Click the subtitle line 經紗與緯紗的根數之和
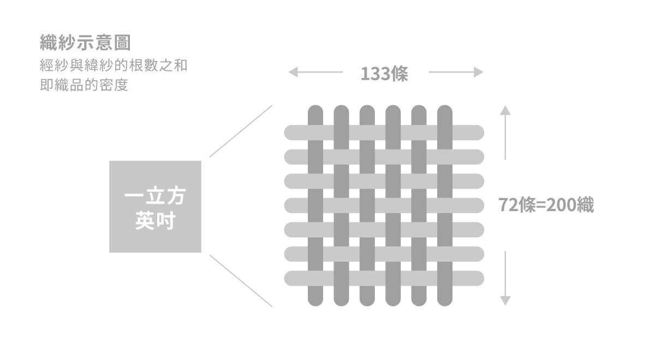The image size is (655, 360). click(x=114, y=67)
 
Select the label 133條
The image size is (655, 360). click(x=385, y=73)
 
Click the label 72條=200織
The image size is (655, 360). click(x=546, y=205)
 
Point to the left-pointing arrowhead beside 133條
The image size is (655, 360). click(x=293, y=72)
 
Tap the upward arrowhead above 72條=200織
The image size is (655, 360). click(x=505, y=110)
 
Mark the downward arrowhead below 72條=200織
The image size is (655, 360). click(x=505, y=300)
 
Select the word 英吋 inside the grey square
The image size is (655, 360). click(x=155, y=222)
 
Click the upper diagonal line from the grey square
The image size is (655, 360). click(x=241, y=131)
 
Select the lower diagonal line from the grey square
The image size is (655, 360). click(x=241, y=280)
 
